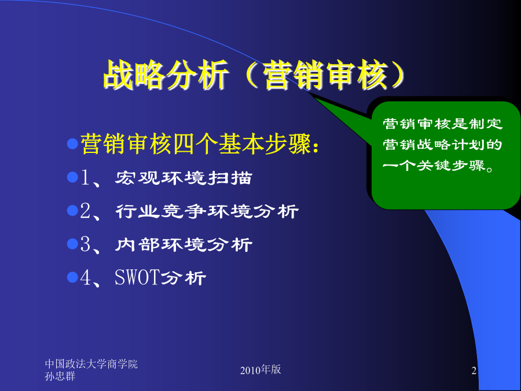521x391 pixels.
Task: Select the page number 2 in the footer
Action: point(474,370)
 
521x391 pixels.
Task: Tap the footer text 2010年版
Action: point(260,370)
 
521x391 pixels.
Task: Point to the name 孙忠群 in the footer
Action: point(60,377)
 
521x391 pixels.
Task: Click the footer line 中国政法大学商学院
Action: point(91,364)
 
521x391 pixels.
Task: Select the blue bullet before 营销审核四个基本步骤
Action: point(72,144)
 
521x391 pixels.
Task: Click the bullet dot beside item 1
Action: point(72,177)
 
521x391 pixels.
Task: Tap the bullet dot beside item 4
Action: point(72,277)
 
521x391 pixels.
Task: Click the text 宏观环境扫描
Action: point(184,178)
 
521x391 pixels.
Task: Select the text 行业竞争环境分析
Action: point(207,211)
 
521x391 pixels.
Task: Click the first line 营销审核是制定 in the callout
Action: point(443,124)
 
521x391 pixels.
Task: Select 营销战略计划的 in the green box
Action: point(443,145)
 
